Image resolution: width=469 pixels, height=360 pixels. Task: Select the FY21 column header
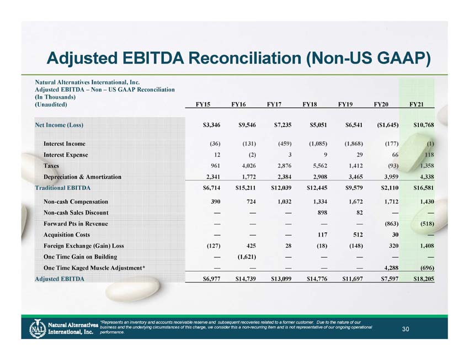coord(417,104)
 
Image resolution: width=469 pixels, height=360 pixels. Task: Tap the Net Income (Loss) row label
coord(59,125)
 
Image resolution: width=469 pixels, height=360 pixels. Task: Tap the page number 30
coord(406,330)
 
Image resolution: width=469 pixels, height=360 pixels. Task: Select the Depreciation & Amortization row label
coord(82,177)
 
